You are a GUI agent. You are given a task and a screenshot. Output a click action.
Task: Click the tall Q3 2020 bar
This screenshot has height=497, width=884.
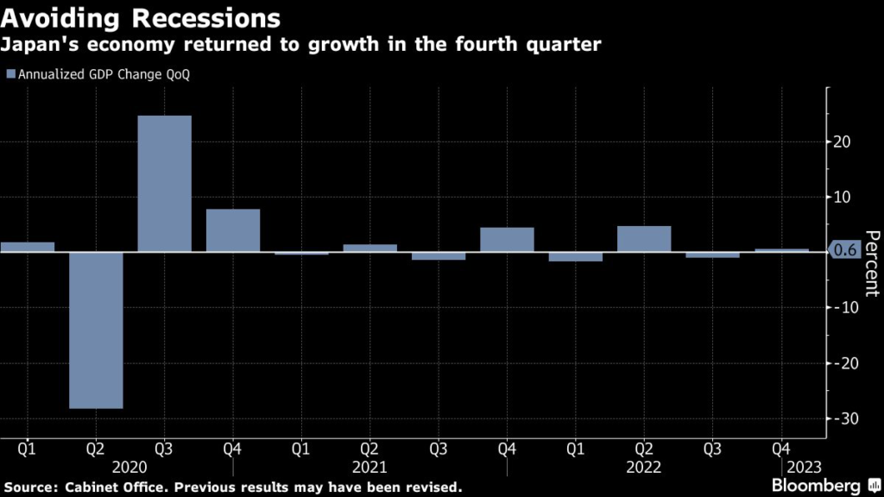point(164,184)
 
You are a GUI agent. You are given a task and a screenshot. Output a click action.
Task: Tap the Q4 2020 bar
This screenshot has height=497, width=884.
point(232,230)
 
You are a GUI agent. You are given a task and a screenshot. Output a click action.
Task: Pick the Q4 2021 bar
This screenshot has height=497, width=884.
point(507,240)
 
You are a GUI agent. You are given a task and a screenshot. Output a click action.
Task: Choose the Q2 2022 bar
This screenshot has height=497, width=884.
point(644,239)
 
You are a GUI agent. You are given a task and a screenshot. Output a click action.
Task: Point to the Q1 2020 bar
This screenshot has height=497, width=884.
point(28,247)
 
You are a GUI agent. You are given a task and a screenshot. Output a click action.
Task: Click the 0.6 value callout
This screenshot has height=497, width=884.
point(846,251)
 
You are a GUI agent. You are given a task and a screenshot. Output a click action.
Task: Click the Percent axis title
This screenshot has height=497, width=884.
point(871,263)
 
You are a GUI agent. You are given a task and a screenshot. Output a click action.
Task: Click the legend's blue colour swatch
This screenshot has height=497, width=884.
point(10,75)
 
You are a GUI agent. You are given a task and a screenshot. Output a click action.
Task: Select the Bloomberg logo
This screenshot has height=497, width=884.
point(829,485)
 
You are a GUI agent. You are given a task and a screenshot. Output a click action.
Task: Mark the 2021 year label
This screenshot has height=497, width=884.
point(369,467)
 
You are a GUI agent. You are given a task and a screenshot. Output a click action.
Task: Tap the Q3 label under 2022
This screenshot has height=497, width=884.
point(712,449)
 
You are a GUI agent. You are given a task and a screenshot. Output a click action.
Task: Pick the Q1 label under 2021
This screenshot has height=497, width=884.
point(301,449)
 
